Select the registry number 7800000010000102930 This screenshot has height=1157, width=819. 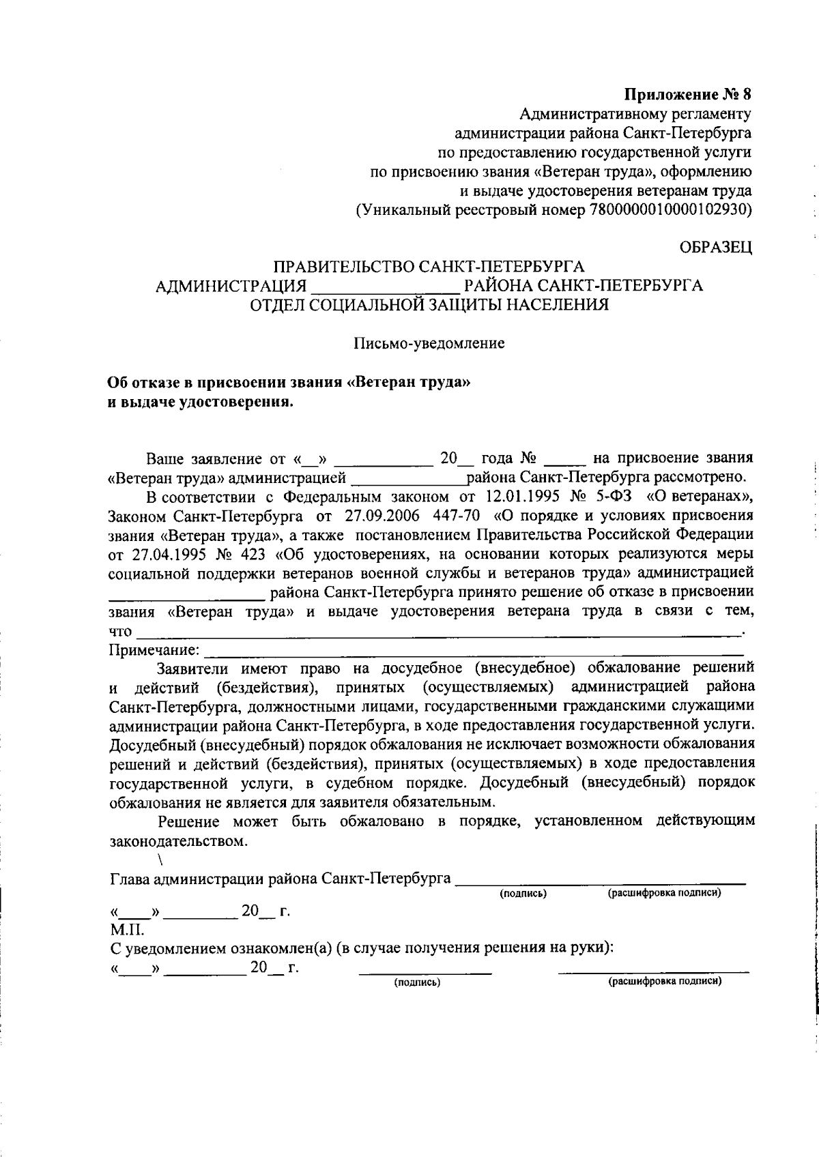[667, 209]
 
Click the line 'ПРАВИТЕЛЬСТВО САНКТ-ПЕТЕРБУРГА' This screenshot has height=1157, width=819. [429, 266]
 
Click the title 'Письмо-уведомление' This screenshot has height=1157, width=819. [429, 343]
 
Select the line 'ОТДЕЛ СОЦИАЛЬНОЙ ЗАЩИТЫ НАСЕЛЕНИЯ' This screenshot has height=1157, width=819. [429, 305]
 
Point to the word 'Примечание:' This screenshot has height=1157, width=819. [155, 649]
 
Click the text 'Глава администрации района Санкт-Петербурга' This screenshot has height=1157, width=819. [280, 879]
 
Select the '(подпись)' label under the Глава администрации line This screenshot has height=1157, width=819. [523, 893]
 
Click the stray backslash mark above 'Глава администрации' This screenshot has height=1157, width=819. [159, 859]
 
